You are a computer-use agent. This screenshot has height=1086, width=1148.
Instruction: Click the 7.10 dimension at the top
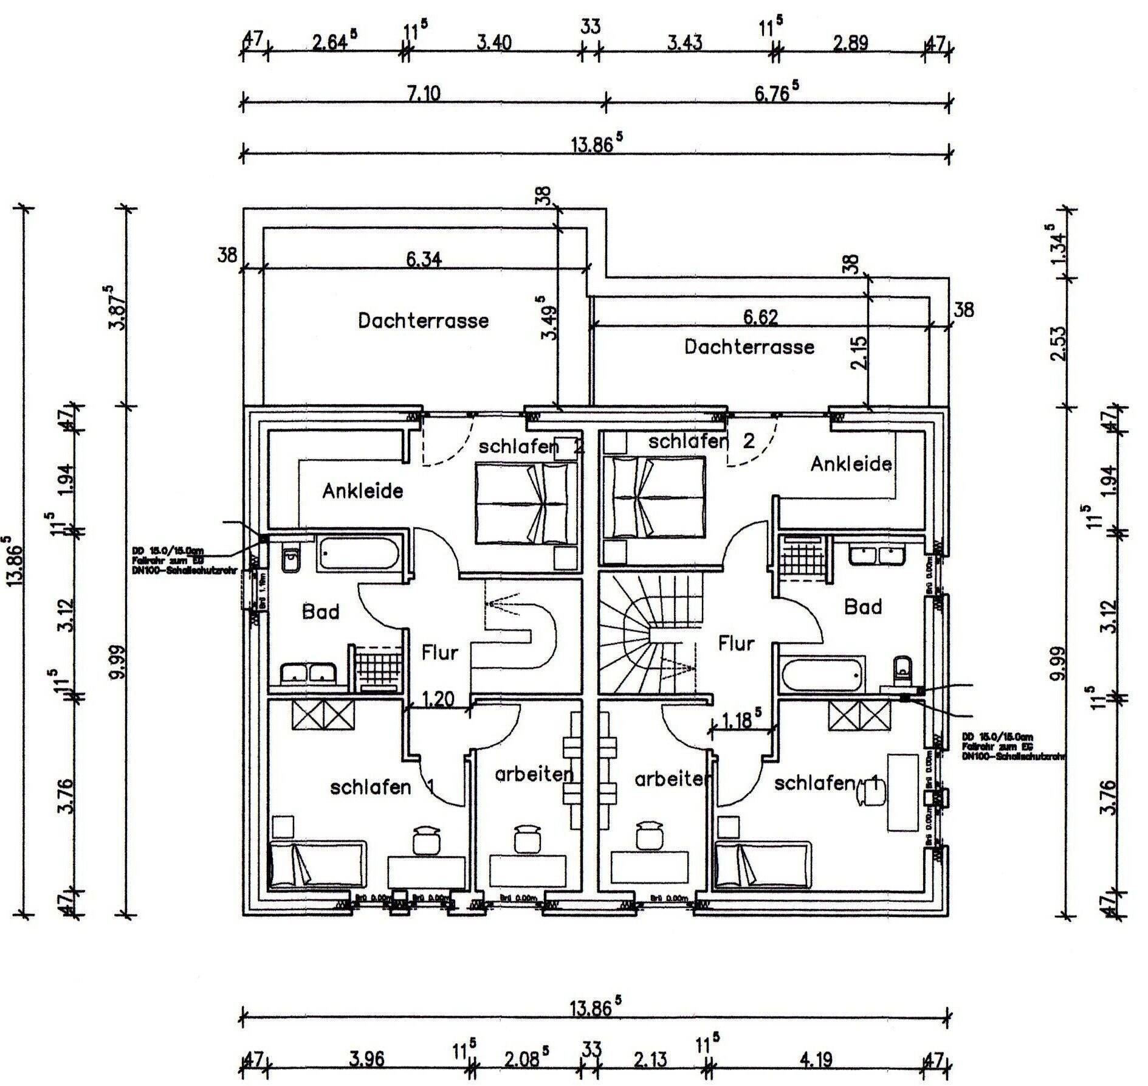425,94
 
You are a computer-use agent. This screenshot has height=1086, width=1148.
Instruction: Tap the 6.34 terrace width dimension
424,260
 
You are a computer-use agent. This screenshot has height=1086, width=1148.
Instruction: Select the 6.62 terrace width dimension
760,317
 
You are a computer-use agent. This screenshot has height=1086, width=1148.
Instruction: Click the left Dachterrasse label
423,320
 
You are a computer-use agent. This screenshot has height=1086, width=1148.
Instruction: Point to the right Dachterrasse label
749,347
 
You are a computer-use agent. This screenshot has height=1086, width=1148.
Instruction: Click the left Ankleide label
362,491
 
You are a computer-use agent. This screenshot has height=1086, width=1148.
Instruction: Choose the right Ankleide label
851,465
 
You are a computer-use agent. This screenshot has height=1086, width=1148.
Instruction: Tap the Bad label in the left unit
320,612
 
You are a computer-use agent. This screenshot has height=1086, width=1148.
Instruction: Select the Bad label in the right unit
863,607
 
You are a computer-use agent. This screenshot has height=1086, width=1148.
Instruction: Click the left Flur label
439,653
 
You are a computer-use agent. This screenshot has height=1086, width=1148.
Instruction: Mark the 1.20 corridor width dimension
438,700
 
